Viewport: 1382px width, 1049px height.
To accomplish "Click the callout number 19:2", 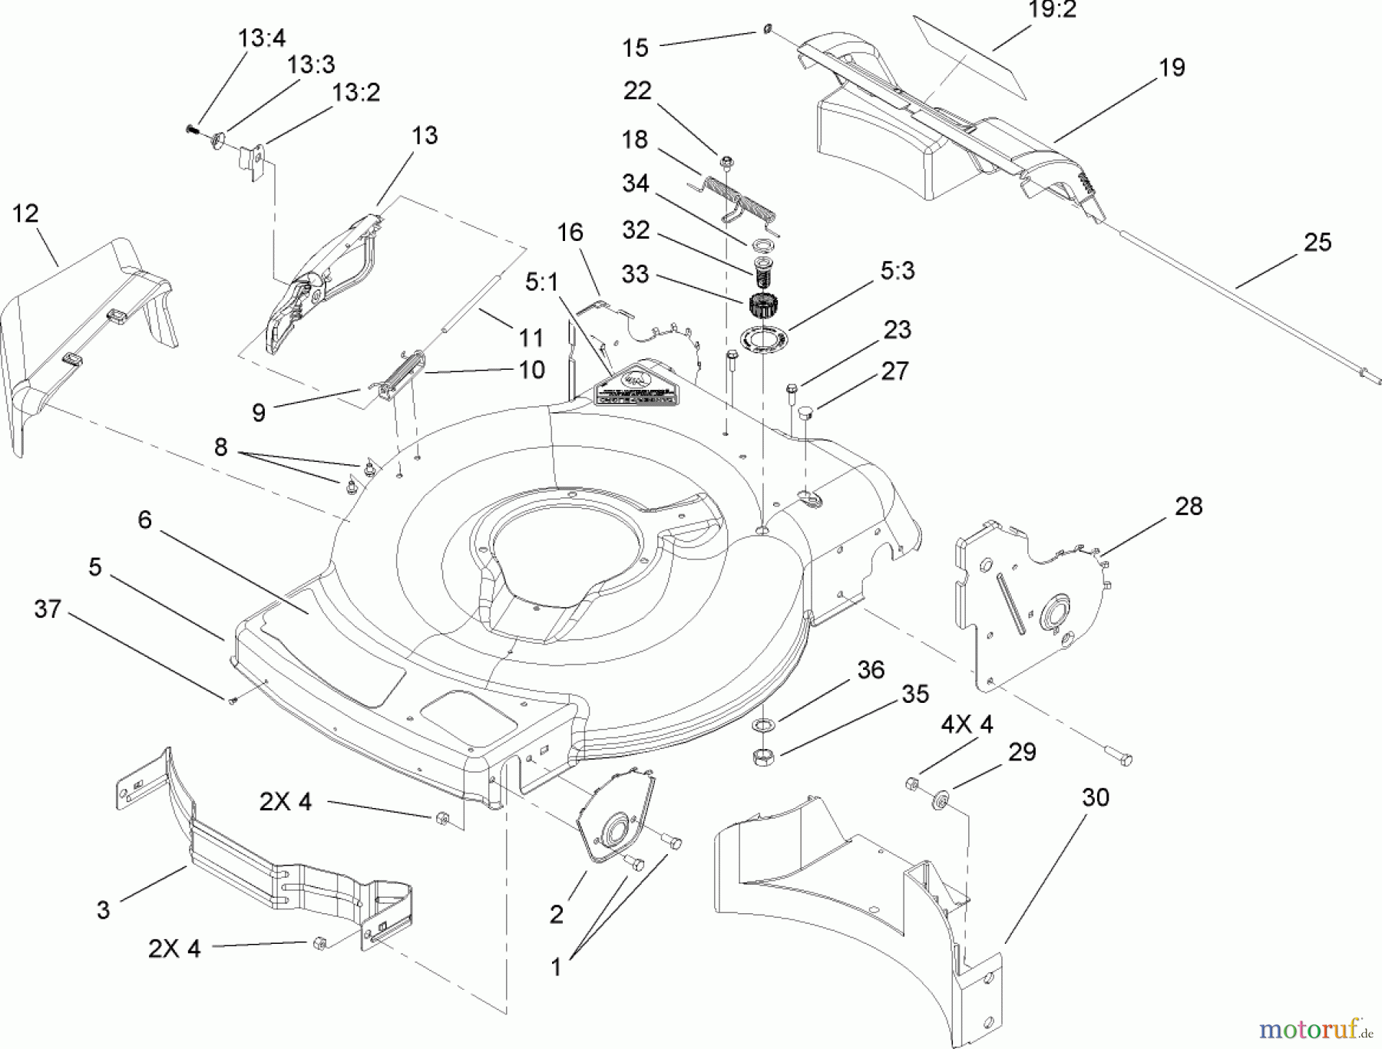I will [x=1051, y=11].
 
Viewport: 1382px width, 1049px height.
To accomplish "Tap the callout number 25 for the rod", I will [x=1318, y=242].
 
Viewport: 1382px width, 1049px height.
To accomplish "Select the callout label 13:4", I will [x=262, y=38].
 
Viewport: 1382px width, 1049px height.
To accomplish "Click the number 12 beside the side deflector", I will [x=25, y=213].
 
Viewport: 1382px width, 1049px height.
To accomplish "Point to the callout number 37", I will [x=48, y=609].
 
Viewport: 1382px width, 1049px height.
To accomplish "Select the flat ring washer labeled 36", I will [x=765, y=724].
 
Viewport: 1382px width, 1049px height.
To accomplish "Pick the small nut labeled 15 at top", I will [x=767, y=30].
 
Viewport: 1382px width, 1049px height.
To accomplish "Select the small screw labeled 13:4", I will [x=193, y=130].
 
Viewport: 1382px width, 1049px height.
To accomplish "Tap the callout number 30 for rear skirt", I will [x=1096, y=798].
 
